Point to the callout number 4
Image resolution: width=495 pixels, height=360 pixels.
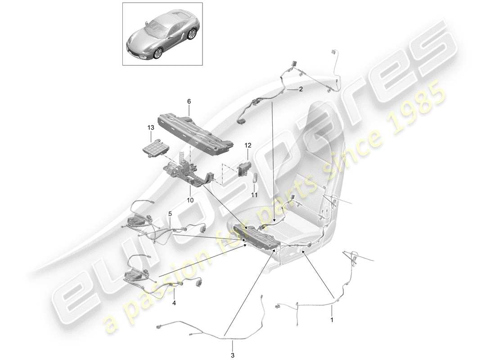coord(174,303)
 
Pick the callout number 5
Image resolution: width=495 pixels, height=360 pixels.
coord(170,213)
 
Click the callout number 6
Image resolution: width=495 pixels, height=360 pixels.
coord(189,102)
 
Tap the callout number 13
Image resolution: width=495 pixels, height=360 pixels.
coord(150,128)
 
